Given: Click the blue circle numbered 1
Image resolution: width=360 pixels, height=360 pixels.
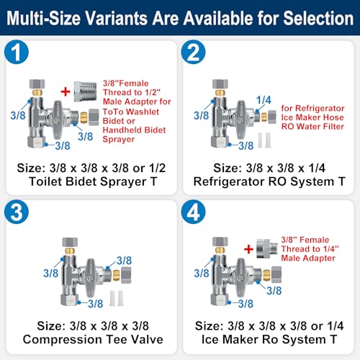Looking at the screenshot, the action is point(17,52).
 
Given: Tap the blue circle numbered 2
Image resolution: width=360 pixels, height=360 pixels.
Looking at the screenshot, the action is point(193,52).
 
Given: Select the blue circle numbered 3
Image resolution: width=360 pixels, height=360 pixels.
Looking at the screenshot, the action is point(17,212).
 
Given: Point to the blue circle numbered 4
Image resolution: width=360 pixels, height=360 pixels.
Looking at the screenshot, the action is point(193,212).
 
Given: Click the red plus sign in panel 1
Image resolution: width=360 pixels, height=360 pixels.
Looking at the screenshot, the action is point(66,91).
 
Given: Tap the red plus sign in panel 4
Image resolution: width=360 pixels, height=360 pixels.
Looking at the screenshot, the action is point(248,249).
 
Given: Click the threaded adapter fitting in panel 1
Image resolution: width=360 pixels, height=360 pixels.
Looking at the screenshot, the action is point(85,91).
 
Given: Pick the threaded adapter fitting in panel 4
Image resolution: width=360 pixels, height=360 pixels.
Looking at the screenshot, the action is point(267,248).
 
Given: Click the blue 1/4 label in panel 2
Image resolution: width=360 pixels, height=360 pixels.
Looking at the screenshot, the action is point(264,100).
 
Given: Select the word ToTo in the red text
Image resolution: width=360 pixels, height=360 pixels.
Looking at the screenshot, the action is point(114,112).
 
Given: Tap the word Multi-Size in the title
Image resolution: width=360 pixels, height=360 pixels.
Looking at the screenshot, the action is point(43,18).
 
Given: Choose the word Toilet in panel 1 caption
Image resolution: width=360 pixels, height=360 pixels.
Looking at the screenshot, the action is point(45,181).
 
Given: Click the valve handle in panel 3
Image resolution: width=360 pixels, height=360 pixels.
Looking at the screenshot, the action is point(91,278).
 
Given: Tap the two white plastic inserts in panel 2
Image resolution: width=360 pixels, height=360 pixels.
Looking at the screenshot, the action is point(264,140).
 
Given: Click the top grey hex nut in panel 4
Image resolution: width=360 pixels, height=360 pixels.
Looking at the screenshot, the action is point(220,242).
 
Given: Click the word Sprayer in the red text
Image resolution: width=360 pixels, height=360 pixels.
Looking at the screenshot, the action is point(119,140).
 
